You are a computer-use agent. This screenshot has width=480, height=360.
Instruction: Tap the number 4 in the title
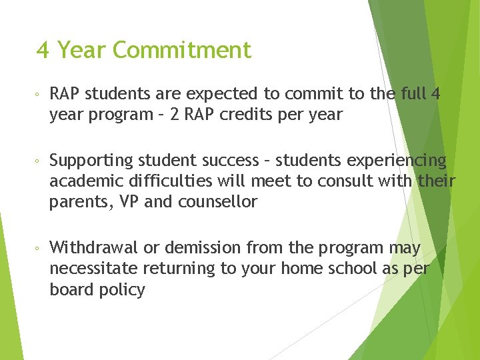click(x=43, y=50)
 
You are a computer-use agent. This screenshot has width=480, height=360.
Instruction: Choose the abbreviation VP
click(x=127, y=202)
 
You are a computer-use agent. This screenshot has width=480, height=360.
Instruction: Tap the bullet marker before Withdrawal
click(x=38, y=249)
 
